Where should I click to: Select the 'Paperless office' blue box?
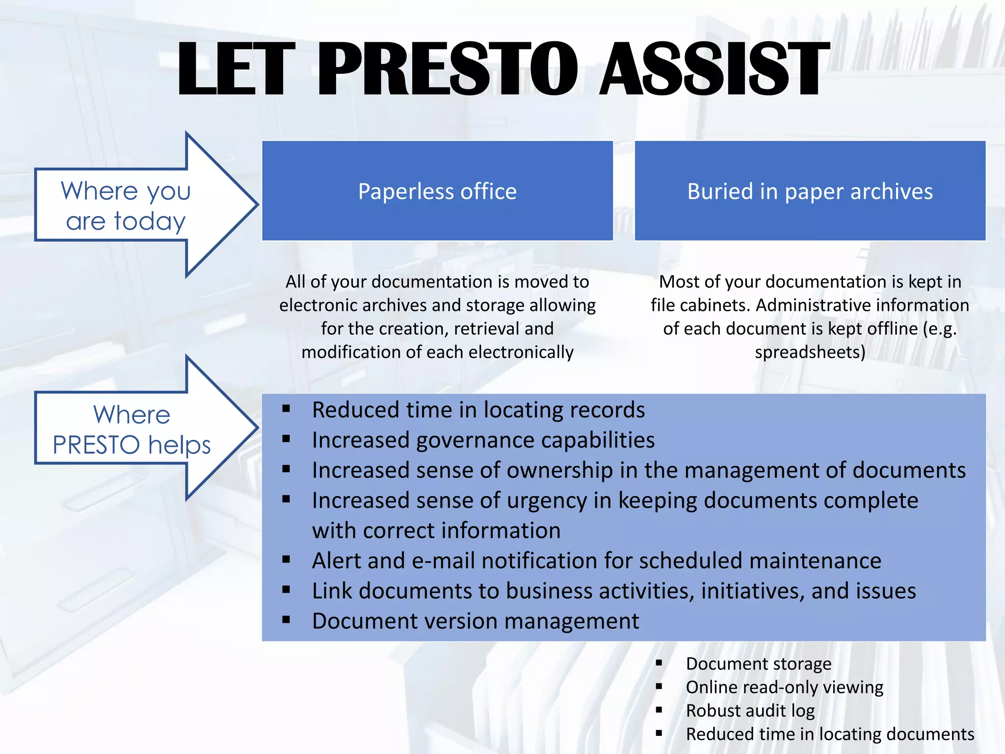point(437,191)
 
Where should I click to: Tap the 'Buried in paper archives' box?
point(810,191)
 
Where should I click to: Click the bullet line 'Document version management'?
point(475,621)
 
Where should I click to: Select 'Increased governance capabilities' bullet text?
point(483,440)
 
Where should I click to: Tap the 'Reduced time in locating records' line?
point(478,410)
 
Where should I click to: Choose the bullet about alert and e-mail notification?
point(596,561)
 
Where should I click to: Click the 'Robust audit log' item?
point(750,710)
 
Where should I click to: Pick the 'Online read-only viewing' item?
point(784,687)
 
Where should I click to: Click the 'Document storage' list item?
point(758,664)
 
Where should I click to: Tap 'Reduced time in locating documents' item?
point(829,734)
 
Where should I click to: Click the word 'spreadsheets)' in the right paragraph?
point(810,352)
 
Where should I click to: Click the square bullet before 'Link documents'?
point(287,590)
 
